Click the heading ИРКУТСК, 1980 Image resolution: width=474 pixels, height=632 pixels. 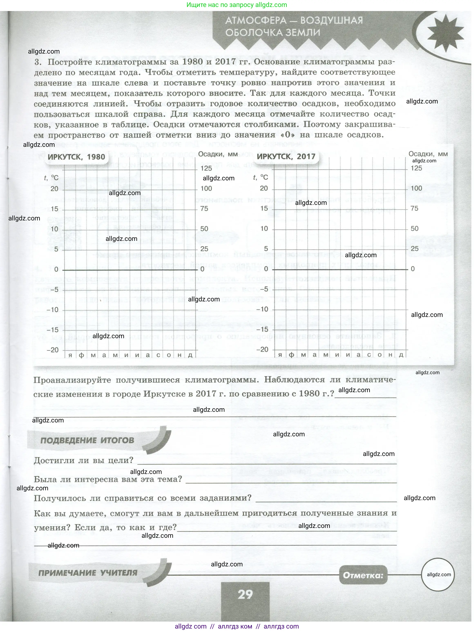coord(76,157)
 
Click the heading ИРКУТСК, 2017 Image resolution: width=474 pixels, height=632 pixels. coord(286,157)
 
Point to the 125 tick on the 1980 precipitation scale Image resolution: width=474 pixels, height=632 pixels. coord(206,168)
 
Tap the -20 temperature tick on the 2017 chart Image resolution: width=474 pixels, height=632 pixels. coord(262,349)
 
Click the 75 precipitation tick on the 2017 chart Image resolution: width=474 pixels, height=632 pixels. coord(414,208)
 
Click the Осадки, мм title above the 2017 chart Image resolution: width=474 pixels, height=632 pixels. coord(428,154)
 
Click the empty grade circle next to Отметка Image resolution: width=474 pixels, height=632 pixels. coord(438,575)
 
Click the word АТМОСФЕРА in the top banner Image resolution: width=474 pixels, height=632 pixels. coord(256,21)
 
